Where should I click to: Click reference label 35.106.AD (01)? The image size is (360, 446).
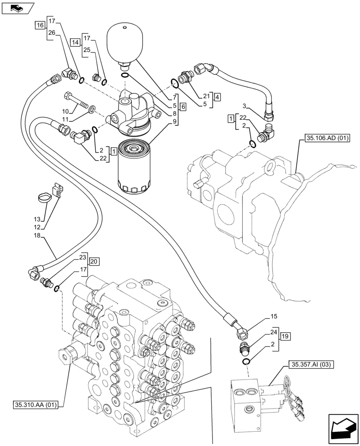(327, 138)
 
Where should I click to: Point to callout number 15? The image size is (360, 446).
(274, 316)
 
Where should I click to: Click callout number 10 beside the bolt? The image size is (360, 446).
(65, 111)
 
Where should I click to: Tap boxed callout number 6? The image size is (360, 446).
(183, 107)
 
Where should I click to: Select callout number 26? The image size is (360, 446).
(52, 32)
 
